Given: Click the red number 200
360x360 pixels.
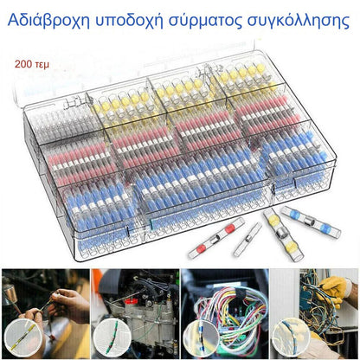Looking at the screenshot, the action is tap(23, 64).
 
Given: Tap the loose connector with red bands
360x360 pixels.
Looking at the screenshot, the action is tap(216, 238).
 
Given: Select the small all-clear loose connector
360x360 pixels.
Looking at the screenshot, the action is tap(247, 239).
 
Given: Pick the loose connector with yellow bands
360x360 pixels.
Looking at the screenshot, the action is tap(283, 234).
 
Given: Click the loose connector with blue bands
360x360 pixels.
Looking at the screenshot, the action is tap(311, 222).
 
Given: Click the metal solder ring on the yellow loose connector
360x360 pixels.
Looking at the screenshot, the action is tap(280, 233).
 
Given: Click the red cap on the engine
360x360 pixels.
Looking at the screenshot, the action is tap(132, 302).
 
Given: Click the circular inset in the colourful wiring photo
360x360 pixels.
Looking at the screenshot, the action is tap(201, 338).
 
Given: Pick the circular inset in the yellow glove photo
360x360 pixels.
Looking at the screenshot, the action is tap(292, 337).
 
